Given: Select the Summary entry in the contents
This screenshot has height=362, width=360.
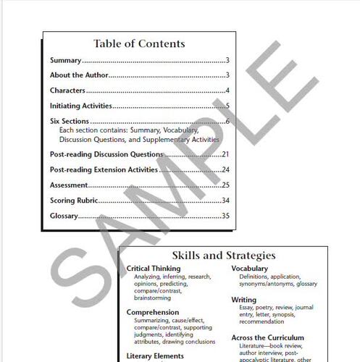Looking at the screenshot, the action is tap(66, 61).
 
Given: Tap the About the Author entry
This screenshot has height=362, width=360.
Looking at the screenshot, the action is tap(79, 75).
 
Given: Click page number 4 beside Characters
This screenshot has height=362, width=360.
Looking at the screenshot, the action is tap(227, 90).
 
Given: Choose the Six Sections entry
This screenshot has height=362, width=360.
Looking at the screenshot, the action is tap(70, 121).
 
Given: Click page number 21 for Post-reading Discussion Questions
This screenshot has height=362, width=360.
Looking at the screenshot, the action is tap(225, 154).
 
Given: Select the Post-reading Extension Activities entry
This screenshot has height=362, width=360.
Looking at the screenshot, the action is tap(104, 169).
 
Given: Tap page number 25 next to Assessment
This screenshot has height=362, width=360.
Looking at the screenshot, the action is tap(225, 185).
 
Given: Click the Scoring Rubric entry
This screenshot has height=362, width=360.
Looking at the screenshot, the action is tap(74, 200).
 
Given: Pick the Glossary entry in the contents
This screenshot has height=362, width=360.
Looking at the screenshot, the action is tap(64, 216).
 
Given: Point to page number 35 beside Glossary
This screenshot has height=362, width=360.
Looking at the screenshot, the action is tap(225, 216).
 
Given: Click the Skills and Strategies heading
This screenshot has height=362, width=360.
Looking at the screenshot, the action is tap(223, 255).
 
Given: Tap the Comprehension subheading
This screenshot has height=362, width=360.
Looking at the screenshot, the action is tap(153, 312).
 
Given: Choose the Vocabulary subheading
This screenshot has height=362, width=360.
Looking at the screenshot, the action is tap(250, 269).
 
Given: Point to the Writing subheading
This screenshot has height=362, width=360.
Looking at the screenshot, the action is tap(243, 299).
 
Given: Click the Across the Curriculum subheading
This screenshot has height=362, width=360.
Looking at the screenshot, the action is tap(268, 337).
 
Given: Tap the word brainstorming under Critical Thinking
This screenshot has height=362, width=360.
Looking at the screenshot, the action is tap(152, 298).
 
